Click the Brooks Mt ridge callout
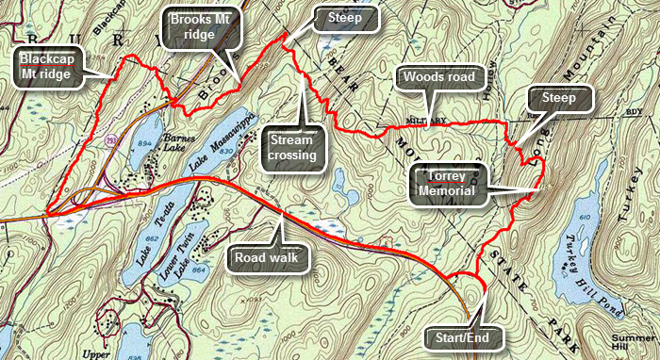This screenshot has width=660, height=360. pyautogui.click(x=199, y=27)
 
